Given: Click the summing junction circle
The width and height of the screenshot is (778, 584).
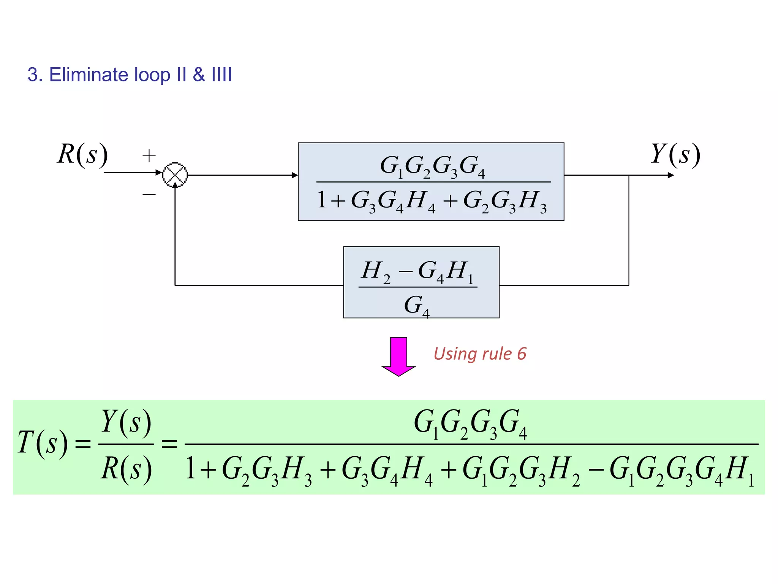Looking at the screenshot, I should [175, 175].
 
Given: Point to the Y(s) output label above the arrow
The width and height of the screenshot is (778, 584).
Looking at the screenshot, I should [675, 154].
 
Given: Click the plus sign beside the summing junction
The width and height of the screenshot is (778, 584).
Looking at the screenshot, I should [149, 156].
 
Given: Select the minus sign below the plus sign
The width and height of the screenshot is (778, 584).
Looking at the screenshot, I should [149, 195].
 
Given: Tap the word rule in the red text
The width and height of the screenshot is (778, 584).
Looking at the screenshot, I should [497, 354].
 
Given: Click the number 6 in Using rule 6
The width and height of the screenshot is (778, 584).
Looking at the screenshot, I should [522, 354].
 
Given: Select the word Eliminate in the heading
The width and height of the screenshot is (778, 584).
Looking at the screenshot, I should [89, 75].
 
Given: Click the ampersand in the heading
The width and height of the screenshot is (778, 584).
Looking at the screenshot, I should [199, 75].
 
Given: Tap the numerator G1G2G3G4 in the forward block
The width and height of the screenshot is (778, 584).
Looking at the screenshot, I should [433, 166].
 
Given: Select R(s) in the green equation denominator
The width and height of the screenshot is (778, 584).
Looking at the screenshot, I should [126, 469].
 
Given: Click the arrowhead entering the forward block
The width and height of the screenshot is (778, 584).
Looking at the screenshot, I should [294, 175].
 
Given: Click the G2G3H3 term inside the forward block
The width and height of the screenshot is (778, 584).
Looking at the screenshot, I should [505, 201].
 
